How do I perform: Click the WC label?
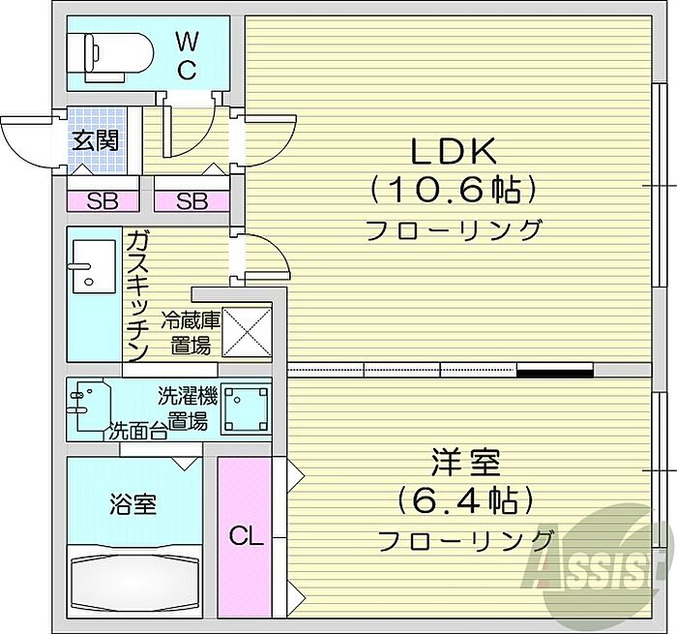[187, 56]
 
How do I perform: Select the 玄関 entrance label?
[95, 140]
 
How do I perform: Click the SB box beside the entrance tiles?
[103, 201]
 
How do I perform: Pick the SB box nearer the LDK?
[191, 201]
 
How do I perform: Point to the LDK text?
[453, 152]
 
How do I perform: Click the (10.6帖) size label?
[453, 190]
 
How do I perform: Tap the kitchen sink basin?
[94, 266]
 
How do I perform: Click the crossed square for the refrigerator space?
[247, 332]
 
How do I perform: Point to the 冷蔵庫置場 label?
[191, 333]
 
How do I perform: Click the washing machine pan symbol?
[246, 408]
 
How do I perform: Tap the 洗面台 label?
[137, 431]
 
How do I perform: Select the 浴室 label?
[133, 504]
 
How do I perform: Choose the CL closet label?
[246, 536]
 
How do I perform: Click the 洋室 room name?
[466, 463]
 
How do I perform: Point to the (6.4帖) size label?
[465, 500]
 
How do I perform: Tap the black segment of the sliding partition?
[555, 370]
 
